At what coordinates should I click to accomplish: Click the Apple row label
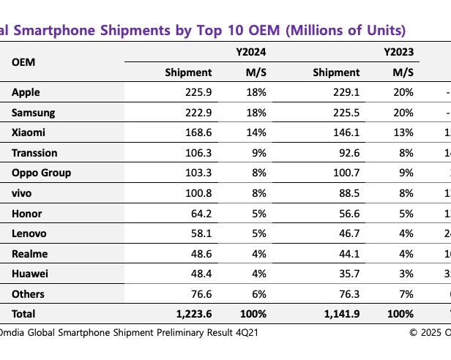tap(26, 92)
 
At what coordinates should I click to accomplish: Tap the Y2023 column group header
tap(398, 52)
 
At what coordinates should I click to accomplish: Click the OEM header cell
tap(23, 61)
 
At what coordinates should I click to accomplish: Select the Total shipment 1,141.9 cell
tap(338, 313)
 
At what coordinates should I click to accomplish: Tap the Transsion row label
tap(34, 153)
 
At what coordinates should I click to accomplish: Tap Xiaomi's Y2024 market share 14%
tap(256, 132)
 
